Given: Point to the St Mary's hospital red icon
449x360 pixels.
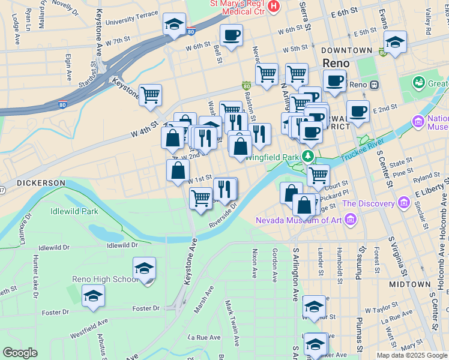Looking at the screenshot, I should pos(274,6).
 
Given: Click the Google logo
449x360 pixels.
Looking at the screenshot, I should pos(20,353).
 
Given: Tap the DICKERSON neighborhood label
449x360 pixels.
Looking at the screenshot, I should pos(41,182).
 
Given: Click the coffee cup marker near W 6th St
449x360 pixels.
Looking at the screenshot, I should pos(231,35).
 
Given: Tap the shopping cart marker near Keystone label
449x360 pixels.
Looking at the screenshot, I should pos(150,95).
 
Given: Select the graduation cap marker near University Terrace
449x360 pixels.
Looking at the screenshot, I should pos(174,25).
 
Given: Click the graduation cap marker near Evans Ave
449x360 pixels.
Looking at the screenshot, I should pos(395,43).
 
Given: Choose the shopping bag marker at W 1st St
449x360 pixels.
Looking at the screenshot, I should pos(178,170).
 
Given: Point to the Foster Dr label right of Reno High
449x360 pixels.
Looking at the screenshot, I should pos(146,308).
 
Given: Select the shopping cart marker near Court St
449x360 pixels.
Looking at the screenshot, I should pos(318,175).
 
